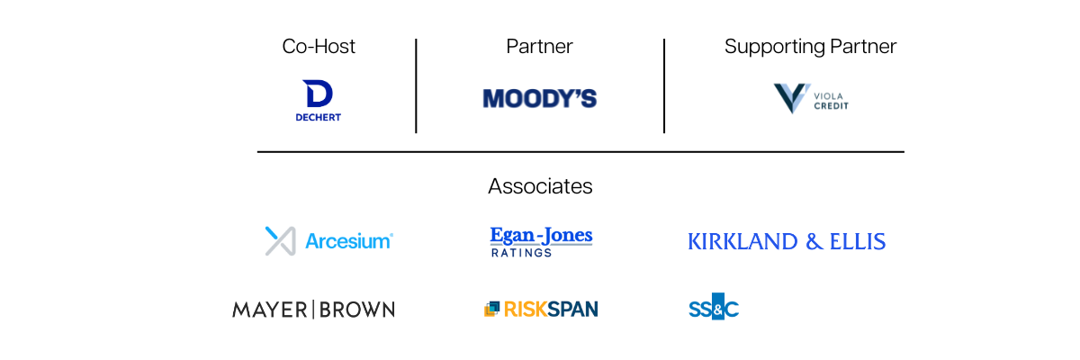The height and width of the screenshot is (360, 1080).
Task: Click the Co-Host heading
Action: coord(319,47)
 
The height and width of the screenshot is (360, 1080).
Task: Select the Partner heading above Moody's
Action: coord(539,47)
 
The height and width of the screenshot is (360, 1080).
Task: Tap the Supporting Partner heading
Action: coord(810,47)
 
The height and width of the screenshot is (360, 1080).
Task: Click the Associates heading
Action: coord(540,186)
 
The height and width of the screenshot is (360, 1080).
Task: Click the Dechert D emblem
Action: coord(318,94)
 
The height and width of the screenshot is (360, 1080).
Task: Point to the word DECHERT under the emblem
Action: coord(319,117)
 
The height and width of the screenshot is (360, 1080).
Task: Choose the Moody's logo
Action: coord(539,98)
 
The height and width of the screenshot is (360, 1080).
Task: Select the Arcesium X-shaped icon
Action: coord(280,240)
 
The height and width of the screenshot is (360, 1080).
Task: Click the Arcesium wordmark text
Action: coord(348,241)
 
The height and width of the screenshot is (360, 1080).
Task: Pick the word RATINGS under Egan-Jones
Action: coord(521,253)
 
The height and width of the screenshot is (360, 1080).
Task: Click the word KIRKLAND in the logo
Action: coord(742,241)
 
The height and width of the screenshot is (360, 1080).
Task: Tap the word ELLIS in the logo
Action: coord(859,241)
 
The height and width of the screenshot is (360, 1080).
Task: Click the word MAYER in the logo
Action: coord(270,310)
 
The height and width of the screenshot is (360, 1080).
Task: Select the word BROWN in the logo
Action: coord(356,310)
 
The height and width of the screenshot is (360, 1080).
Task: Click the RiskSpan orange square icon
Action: coord(491,310)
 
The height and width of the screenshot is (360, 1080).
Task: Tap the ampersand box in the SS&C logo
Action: coord(717,308)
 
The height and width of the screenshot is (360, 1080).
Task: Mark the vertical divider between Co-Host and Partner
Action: coord(416,85)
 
